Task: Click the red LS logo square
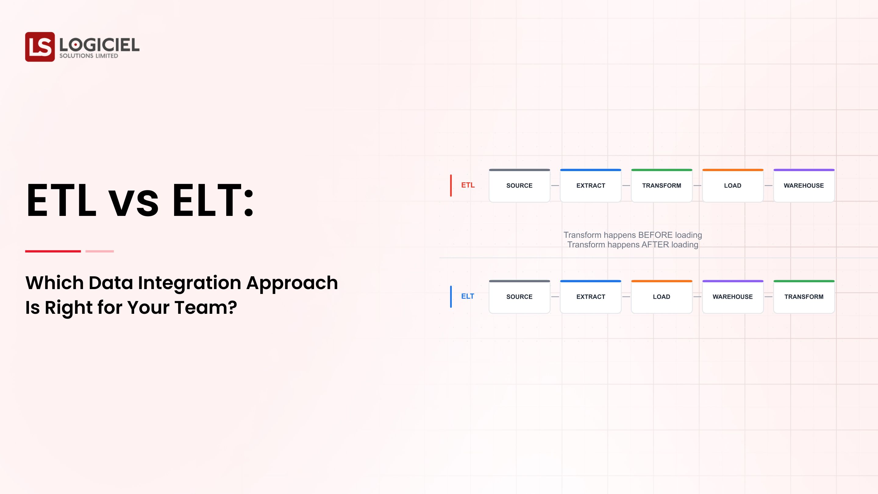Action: click(40, 47)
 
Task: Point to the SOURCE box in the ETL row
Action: click(519, 185)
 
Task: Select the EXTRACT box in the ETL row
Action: click(590, 185)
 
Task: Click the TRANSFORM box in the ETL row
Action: click(662, 185)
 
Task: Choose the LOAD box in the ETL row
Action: click(733, 185)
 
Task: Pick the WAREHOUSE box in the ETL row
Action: click(804, 185)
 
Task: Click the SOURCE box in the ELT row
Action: click(519, 297)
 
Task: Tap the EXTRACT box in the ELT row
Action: click(590, 297)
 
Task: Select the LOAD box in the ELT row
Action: click(662, 297)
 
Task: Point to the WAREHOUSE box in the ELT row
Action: click(733, 297)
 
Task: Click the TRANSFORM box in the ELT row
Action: click(804, 297)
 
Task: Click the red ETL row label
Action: click(468, 185)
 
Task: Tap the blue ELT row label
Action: click(467, 296)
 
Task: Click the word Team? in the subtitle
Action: click(205, 307)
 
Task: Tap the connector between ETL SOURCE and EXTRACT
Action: click(555, 185)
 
